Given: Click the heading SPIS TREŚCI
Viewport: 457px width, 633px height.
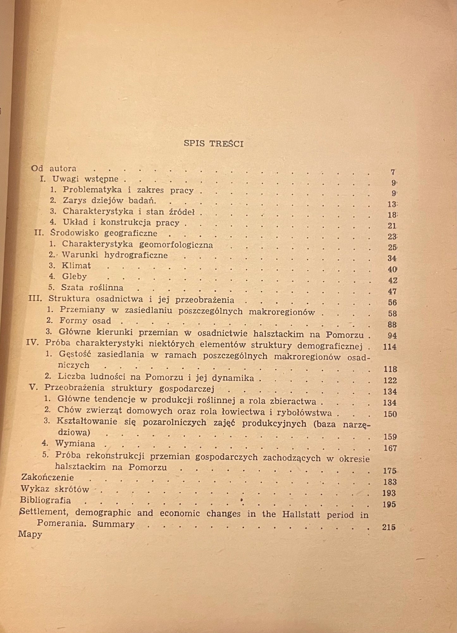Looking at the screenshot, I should (213, 144).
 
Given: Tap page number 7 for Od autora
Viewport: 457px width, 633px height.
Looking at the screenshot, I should (393, 172).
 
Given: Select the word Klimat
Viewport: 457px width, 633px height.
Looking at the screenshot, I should (76, 266).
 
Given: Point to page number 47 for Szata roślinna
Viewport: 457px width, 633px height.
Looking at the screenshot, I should (392, 291).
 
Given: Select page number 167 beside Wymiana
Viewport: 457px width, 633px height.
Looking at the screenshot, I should (390, 448).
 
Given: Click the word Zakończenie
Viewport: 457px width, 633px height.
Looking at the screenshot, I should (47, 478).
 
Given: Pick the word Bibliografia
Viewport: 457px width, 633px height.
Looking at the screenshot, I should (46, 500).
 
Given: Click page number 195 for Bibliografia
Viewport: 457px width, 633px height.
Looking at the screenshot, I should (389, 504).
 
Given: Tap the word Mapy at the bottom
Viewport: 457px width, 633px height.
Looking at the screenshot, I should (30, 535).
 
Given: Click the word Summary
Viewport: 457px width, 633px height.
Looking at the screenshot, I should (114, 524).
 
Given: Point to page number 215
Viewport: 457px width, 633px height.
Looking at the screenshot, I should (389, 527).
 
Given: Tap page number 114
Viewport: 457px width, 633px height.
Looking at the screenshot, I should (390, 347).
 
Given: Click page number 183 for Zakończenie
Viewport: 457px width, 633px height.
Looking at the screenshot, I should (390, 482).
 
